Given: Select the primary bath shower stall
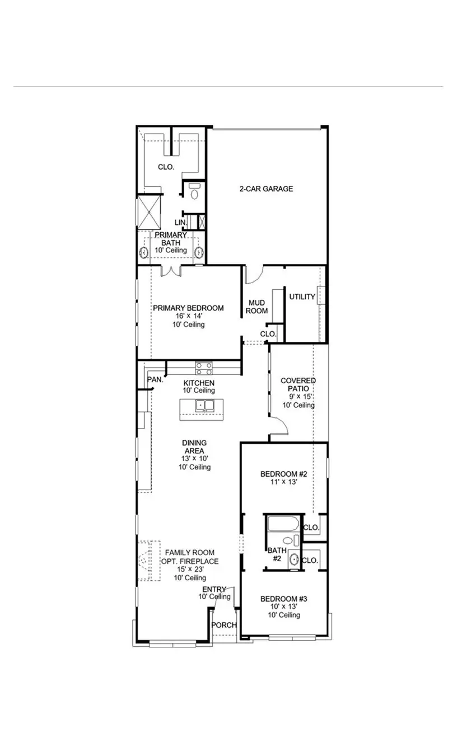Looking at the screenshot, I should (150, 211).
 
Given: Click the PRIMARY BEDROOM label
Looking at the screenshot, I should (189, 308).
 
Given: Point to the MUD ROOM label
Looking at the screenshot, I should (258, 307).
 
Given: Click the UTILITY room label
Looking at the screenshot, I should (302, 297).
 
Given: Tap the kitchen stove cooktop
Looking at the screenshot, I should (204, 368).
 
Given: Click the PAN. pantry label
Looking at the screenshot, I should (155, 379).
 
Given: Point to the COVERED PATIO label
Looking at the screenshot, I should (298, 384).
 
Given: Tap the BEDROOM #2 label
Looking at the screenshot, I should (283, 474).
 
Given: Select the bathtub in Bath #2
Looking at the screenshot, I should (283, 524).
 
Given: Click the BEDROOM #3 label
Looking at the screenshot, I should (283, 599).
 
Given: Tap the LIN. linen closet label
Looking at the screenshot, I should (180, 223).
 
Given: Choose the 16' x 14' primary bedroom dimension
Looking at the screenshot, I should (189, 316).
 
